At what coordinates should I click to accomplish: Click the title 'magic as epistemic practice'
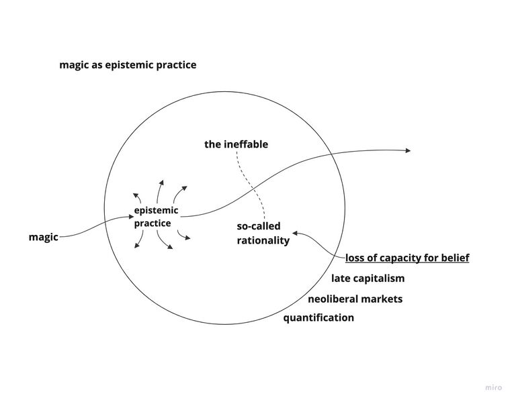128,65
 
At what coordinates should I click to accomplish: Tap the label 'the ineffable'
236,144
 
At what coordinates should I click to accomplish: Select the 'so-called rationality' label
263,233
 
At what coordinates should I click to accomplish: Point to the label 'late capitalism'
368,279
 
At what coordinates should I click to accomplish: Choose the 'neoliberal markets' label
355,299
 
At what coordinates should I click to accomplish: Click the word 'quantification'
318,317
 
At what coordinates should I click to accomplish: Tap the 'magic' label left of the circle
43,237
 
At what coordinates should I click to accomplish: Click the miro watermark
493,387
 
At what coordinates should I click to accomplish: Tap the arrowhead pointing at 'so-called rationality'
296,234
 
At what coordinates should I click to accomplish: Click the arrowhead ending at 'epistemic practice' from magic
132,216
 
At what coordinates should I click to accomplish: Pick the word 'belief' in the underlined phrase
454,258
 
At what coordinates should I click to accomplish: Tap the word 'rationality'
263,240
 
